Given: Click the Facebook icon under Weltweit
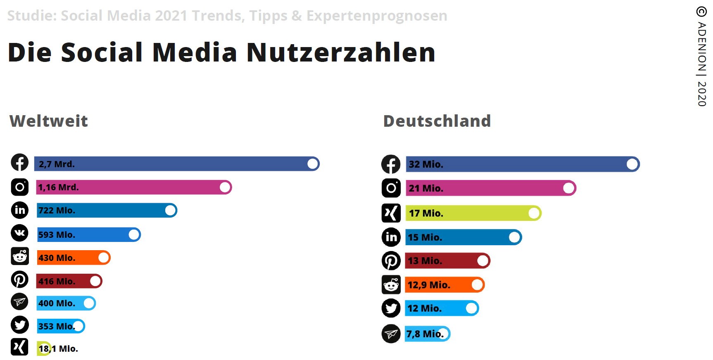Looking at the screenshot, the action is (x=20, y=162).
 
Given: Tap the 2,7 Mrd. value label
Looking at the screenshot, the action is (x=57, y=164).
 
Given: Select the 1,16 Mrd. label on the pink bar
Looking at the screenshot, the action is (x=58, y=187).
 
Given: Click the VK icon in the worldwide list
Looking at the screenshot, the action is (x=20, y=233).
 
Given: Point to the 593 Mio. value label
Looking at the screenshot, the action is (x=57, y=234).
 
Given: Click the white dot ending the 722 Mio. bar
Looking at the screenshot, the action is (x=170, y=211).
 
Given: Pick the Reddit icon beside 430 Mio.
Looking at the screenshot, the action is (x=20, y=256).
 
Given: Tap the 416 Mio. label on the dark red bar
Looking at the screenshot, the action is (x=57, y=282).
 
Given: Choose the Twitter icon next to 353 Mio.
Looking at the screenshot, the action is (x=20, y=325).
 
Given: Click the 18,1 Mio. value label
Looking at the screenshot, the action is (x=58, y=349).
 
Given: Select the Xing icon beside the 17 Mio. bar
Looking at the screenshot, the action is (x=391, y=213).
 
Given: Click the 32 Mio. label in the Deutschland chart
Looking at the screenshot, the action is (x=426, y=164).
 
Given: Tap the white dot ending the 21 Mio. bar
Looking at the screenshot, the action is (x=568, y=188).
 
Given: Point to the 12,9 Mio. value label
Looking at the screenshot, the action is (x=429, y=285).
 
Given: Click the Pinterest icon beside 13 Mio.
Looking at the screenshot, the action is (x=391, y=261).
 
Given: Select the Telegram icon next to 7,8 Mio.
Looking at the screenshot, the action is (x=391, y=334).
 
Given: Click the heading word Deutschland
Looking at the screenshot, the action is (x=437, y=121).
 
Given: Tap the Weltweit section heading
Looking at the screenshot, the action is (x=49, y=121).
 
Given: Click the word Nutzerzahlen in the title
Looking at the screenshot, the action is (x=341, y=52).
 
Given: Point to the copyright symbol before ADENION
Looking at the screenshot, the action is (x=701, y=12).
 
